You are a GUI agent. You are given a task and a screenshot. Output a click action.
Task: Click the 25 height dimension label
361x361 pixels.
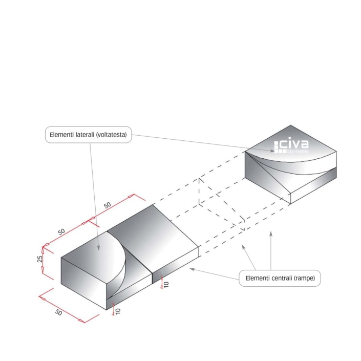[x=39, y=259]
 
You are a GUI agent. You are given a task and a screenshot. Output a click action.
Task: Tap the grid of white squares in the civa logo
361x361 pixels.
[x=280, y=147]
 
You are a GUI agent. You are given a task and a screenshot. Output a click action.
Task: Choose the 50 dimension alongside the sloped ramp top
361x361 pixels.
[x=108, y=205]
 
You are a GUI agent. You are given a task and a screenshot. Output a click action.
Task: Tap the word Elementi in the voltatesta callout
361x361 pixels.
[x=61, y=135]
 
